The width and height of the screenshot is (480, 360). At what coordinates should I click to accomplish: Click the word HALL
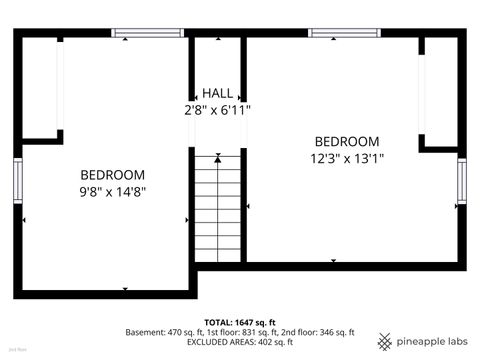point(217,93)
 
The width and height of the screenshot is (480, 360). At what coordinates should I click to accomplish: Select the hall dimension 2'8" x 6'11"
point(217,110)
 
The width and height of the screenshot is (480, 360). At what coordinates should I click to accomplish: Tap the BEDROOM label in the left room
point(112,174)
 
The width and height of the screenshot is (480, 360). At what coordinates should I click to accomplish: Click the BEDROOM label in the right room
point(346,141)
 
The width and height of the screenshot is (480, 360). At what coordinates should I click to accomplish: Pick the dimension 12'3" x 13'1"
point(346,157)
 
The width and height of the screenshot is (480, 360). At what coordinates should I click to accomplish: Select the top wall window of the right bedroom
point(343,33)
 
